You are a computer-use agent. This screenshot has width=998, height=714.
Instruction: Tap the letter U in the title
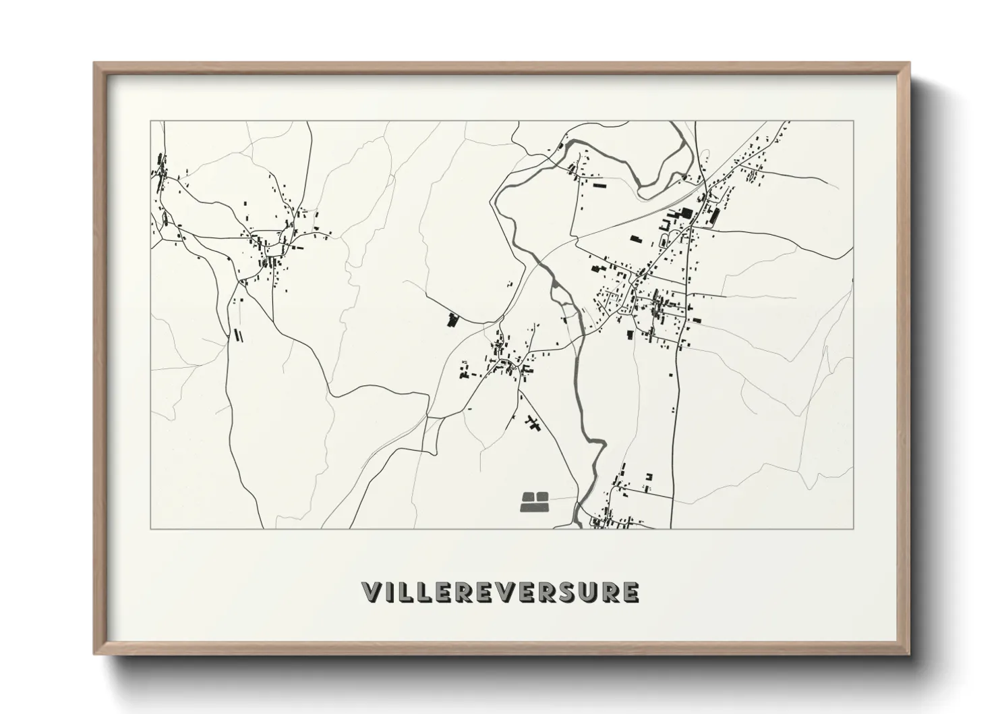587,592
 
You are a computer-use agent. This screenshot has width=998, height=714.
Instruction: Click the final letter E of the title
630,592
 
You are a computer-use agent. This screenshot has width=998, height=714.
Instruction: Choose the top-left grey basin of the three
528,497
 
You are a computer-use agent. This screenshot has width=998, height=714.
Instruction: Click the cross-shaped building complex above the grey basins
534,424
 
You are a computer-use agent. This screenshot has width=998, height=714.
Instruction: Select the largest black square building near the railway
686,213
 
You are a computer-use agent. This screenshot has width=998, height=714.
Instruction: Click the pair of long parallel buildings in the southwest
237,334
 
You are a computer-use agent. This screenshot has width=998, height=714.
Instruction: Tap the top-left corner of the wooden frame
94,63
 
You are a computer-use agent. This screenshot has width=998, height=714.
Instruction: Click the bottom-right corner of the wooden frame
909,654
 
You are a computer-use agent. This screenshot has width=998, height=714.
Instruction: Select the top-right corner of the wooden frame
909,63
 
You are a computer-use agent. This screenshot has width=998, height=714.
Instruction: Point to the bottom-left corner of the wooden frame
94,654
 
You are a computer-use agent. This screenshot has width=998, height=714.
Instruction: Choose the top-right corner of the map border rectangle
854,121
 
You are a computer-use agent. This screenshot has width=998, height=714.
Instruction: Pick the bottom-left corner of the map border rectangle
150,528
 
